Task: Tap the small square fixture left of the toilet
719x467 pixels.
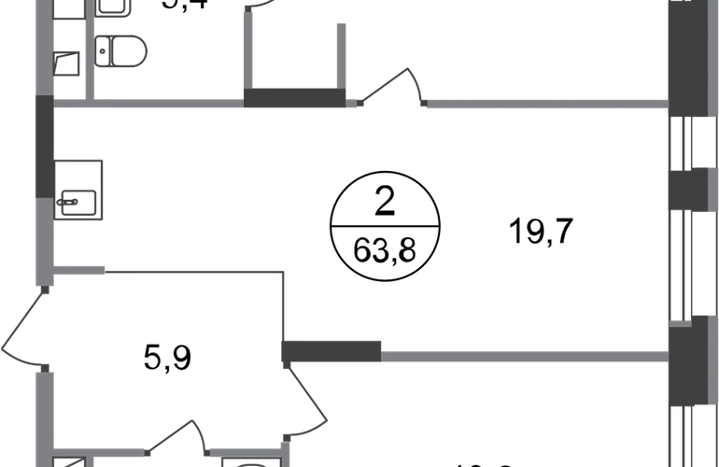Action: (x=67, y=64)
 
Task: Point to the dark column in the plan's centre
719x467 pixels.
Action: (x=334, y=350)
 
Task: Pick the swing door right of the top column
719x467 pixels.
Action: (x=392, y=89)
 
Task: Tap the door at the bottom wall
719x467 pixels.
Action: (x=177, y=439)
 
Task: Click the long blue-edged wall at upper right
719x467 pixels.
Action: (x=546, y=104)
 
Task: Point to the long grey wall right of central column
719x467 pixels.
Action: (x=523, y=354)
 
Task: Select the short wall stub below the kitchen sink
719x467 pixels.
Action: (x=80, y=269)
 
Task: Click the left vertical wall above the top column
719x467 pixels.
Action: (x=250, y=47)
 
